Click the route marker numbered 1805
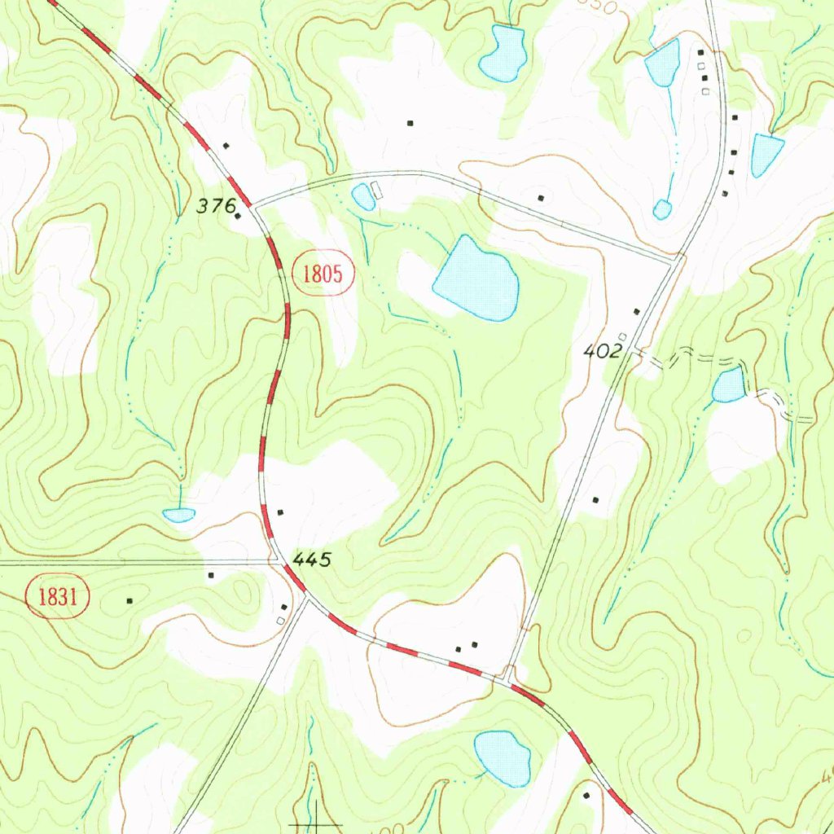click(x=322, y=274)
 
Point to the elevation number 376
click(x=214, y=206)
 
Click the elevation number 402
click(x=604, y=351)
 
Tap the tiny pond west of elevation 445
click(x=178, y=514)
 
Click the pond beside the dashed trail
click(x=729, y=385)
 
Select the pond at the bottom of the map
click(x=503, y=757)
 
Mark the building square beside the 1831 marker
click(x=129, y=601)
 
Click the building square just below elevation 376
click(x=238, y=217)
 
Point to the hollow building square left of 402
click(x=622, y=336)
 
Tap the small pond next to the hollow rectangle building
click(x=362, y=196)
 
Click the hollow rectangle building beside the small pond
click(x=376, y=190)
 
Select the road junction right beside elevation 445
click(x=279, y=561)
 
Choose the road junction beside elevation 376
click(x=254, y=207)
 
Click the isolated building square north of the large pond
click(x=410, y=123)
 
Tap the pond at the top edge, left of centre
click(x=503, y=53)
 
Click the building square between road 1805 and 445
click(x=281, y=511)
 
